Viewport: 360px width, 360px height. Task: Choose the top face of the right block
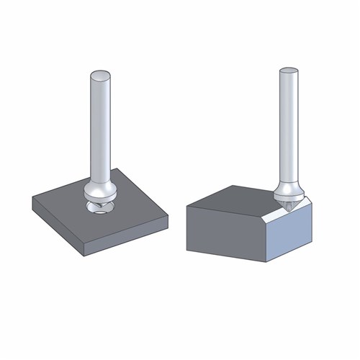(x=238, y=198)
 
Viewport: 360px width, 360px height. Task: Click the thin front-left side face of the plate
(x=58, y=228)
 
